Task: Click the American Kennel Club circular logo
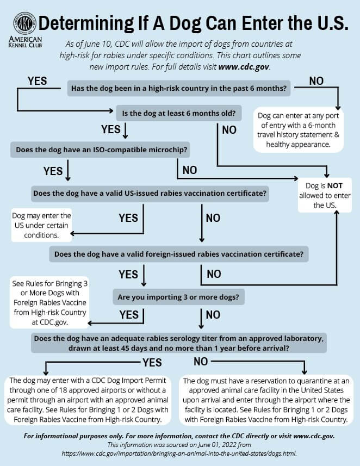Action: coord(24,23)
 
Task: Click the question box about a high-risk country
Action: coord(179,88)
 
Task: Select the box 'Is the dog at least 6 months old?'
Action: coord(179,113)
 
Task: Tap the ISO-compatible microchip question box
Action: coord(100,150)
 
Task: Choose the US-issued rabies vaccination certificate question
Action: coord(150,194)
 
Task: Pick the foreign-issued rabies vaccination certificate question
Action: coord(179,254)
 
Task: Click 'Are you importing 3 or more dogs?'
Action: coord(178,297)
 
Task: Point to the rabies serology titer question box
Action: coord(179,343)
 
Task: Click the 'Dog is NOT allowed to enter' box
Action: coord(325,195)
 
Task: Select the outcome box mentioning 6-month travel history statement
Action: coord(298,130)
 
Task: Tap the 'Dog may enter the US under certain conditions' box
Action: coord(41,225)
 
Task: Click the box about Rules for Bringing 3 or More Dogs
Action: coord(49,302)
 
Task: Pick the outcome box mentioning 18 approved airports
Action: coord(88,400)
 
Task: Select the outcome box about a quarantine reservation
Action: coord(266,400)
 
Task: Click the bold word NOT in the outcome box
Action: coord(335,186)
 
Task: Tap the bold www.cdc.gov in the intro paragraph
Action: coord(244,67)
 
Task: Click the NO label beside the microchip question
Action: coord(190,170)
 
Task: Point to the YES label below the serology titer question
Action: coord(152,363)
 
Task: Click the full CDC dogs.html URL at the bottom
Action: coord(179,453)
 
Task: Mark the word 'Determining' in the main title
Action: coord(86,23)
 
